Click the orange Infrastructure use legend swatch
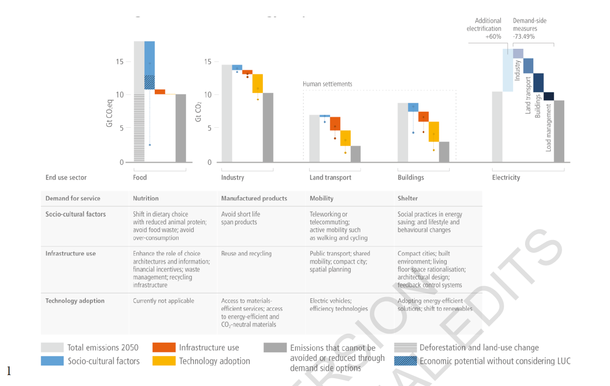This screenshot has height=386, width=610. tap(164, 348)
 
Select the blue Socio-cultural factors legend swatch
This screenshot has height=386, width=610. tap(52, 361)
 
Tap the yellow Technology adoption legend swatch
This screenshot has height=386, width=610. tap(164, 361)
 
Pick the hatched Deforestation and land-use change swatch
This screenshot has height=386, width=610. tap(405, 348)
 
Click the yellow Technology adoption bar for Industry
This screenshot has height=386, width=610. tap(258, 83)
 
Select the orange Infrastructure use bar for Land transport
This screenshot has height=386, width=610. tap(335, 124)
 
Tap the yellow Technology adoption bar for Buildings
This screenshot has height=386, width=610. tap(434, 132)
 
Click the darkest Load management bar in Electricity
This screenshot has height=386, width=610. tap(548, 96)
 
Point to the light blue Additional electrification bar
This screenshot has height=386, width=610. tap(508, 70)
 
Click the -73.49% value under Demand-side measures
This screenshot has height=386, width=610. tap(524, 37)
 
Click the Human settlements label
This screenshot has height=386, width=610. tap(327, 84)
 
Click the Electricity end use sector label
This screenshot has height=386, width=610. tap(506, 177)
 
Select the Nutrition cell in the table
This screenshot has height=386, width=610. tap(146, 198)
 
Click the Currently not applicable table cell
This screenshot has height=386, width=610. tap(163, 301)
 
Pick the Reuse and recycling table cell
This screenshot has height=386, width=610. tap(246, 253)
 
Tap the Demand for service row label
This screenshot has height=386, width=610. tap(73, 198)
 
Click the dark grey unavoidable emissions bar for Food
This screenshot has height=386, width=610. tap(181, 128)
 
